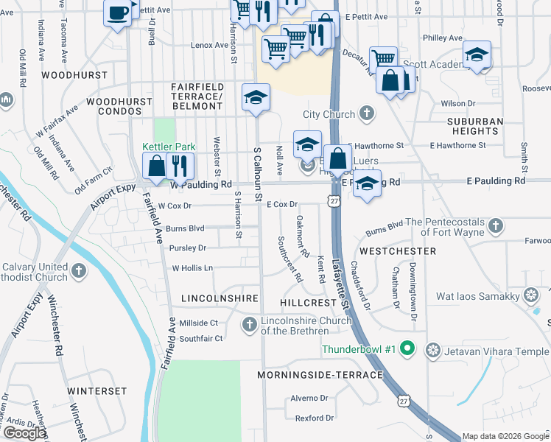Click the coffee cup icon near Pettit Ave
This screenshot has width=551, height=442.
pyautogui.click(x=118, y=13)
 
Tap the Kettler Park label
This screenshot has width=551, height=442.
pyautogui.click(x=169, y=147)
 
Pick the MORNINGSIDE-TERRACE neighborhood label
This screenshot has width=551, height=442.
pyautogui.click(x=320, y=375)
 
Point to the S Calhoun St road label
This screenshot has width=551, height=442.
pyautogui.click(x=258, y=174)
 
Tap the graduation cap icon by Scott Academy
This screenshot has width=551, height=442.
pyautogui.click(x=477, y=55)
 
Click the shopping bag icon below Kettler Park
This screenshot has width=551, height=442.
pyautogui.click(x=157, y=166)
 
